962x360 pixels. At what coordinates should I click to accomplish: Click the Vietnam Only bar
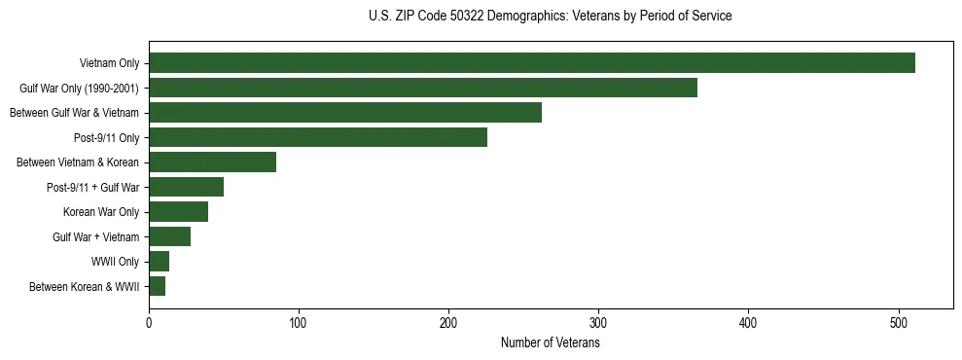coord(532,63)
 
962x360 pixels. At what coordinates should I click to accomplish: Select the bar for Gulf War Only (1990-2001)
coord(423,88)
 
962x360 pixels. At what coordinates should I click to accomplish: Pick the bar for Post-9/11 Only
coord(318,137)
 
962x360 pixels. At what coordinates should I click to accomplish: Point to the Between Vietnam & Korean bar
coord(213,162)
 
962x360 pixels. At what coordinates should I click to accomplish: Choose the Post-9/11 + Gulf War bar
coord(187,187)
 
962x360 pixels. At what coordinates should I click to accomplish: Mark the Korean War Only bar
coord(179,212)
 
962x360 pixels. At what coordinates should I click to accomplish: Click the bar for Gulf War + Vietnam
coord(170,236)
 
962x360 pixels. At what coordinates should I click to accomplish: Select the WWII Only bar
coord(160,262)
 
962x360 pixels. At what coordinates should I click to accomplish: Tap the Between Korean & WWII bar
coord(158,286)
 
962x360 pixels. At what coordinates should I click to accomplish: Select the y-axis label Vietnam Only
coord(110,63)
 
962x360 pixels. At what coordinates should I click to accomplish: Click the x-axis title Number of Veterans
coord(551,342)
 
